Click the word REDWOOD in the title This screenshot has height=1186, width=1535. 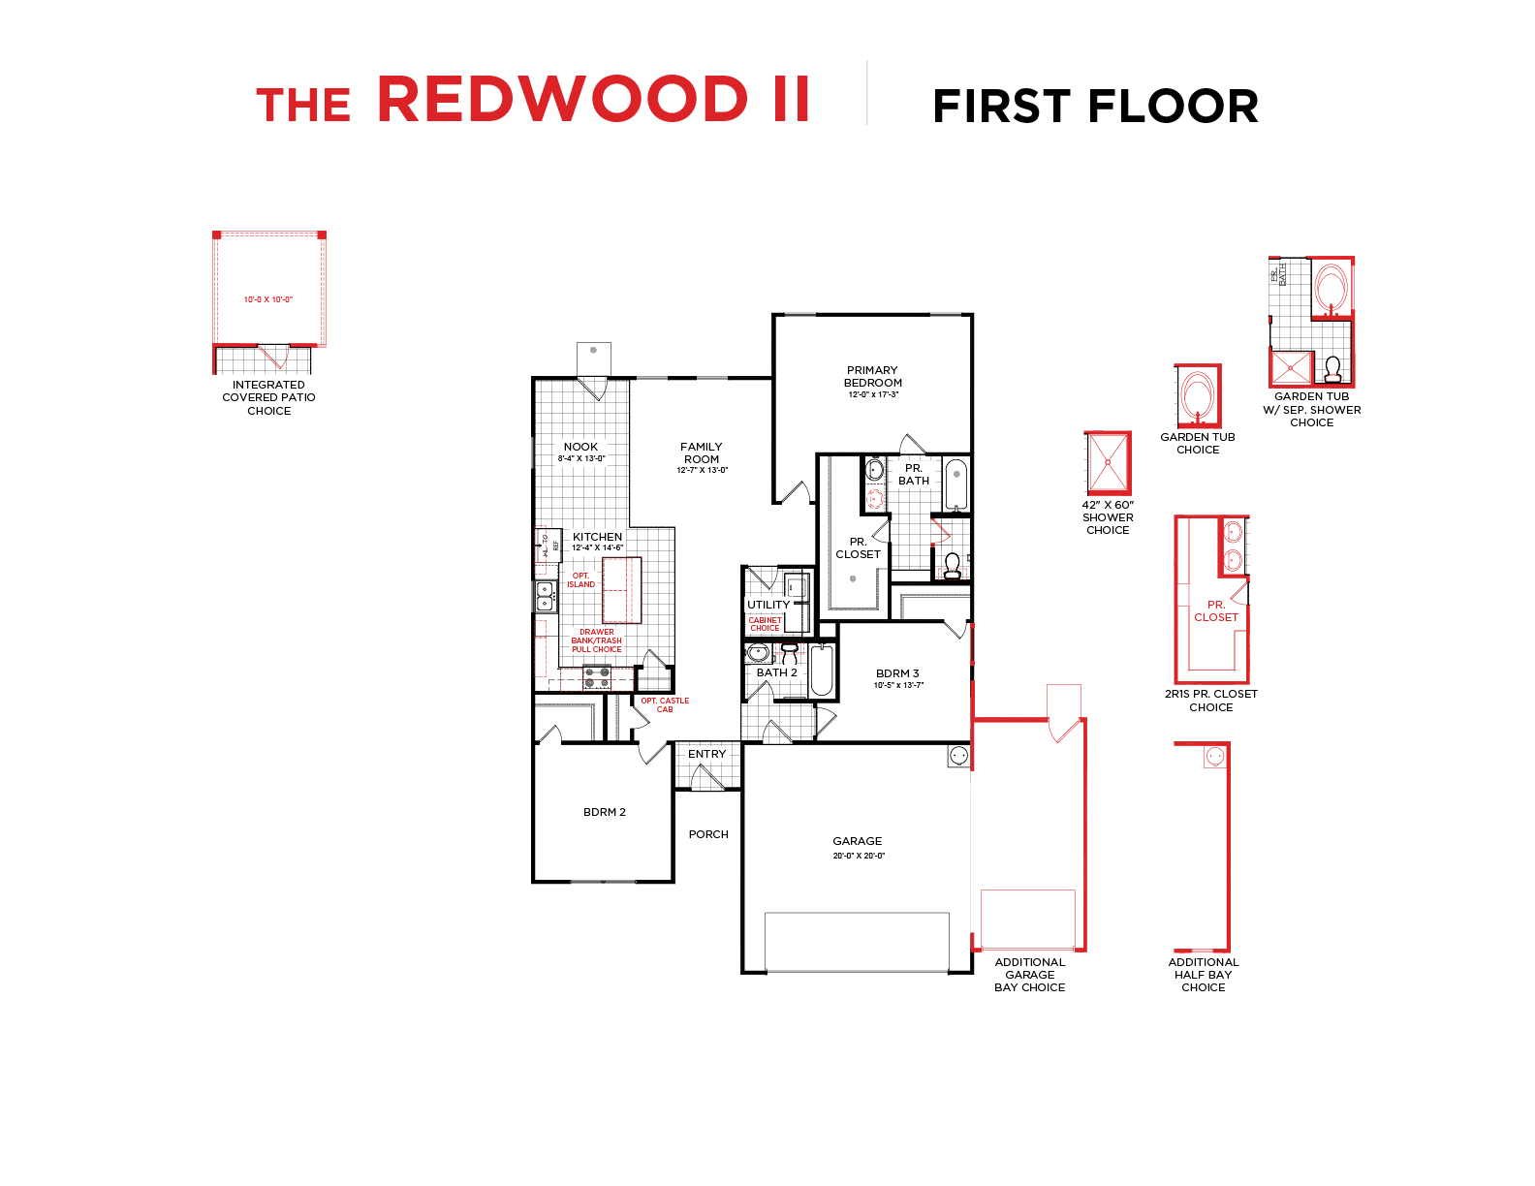(x=562, y=100)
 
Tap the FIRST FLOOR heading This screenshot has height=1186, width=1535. (x=1094, y=107)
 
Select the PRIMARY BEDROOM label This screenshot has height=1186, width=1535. (x=872, y=376)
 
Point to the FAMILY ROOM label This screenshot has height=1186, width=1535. (x=702, y=453)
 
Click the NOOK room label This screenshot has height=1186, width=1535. (x=580, y=447)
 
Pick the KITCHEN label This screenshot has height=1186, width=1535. (x=597, y=537)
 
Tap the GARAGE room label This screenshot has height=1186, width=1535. (x=858, y=841)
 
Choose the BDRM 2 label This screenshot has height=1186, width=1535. (x=604, y=812)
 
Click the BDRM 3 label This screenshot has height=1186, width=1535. (x=897, y=673)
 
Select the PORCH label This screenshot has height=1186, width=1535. (x=708, y=834)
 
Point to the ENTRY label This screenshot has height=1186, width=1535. (x=706, y=754)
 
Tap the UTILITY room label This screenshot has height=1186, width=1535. (x=767, y=605)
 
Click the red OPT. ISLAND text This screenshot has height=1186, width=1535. (x=580, y=580)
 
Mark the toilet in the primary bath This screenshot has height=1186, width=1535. (x=952, y=565)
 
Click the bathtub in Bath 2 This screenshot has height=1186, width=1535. (x=822, y=671)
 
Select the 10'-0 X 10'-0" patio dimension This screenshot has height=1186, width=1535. (x=267, y=299)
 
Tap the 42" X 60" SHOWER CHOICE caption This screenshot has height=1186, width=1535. (x=1108, y=517)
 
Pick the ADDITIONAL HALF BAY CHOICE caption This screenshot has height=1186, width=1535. (x=1203, y=975)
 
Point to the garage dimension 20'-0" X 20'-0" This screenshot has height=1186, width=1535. (x=859, y=856)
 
